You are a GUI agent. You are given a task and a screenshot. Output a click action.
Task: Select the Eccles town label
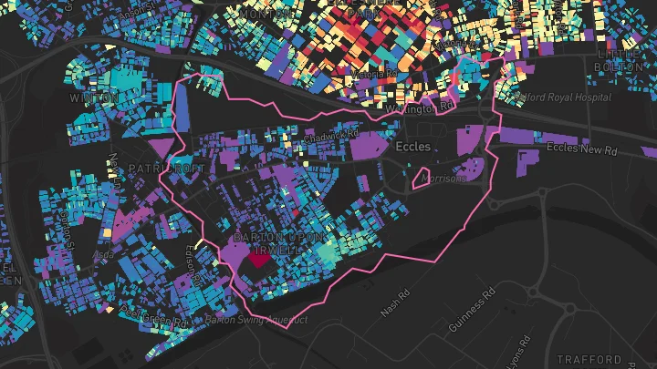click(x=420, y=146)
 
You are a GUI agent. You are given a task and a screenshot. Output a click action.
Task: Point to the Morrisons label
click(x=443, y=179)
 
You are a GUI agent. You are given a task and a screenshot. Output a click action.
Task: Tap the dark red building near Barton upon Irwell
click(x=260, y=258)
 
